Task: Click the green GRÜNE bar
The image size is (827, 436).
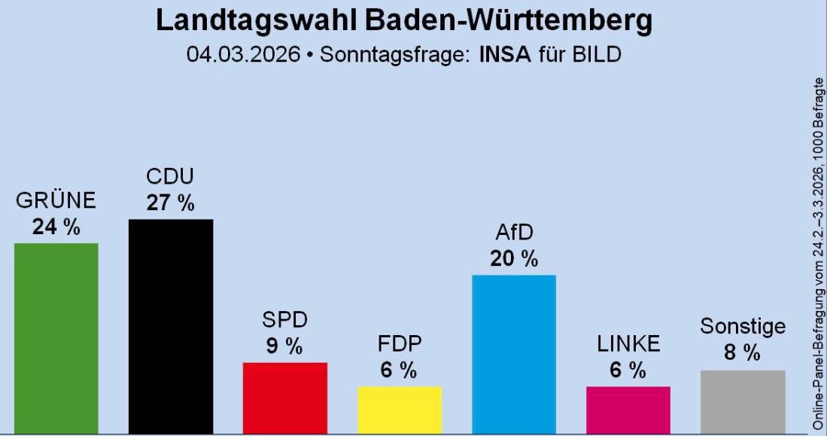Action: coord(56,338)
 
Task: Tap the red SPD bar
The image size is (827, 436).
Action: coord(284,398)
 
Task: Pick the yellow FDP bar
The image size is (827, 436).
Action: coord(400,410)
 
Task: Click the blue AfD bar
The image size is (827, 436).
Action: coord(514,354)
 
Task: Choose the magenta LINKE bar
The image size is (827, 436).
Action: coord(628,410)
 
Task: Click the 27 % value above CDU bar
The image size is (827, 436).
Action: coord(171,203)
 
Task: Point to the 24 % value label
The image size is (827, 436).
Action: coord(56,227)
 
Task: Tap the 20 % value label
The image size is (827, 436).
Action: coord(514,259)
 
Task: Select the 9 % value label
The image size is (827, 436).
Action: coord(284,346)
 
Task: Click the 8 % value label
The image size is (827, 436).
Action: coord(743,352)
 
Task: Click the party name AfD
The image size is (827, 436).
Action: coord(514,233)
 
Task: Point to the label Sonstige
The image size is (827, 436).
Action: coord(743,327)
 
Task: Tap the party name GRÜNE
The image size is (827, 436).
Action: coord(56,201)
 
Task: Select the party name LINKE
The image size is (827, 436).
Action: coord(628,344)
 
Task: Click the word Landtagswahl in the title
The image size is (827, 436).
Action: coord(256,21)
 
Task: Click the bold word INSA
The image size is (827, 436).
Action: coord(504,55)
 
